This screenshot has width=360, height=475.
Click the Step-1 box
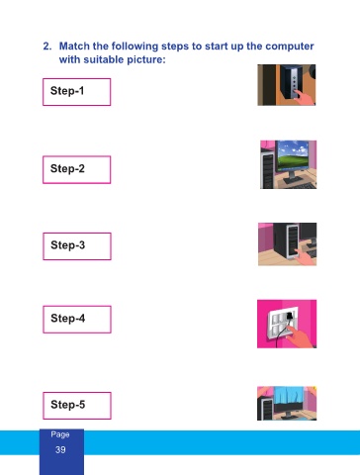pyautogui.click(x=77, y=92)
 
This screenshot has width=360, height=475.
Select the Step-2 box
pyautogui.click(x=77, y=169)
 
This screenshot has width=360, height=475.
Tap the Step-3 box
pyautogui.click(x=77, y=246)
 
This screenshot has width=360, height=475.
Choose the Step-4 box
pyautogui.click(x=77, y=320)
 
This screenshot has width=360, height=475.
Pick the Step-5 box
pyautogui.click(x=77, y=406)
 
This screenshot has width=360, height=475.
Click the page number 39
pyautogui.click(x=60, y=449)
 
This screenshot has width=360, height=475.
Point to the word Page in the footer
pyautogui.click(x=60, y=434)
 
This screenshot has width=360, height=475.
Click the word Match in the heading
pyautogui.click(x=74, y=47)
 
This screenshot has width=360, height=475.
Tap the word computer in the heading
pyautogui.click(x=290, y=47)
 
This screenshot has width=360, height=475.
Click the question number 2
pyautogui.click(x=47, y=47)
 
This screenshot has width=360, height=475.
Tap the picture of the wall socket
pyautogui.click(x=287, y=324)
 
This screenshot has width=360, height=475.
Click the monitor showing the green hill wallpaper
pyautogui.click(x=293, y=156)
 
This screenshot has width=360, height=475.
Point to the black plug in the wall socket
pyautogui.click(x=289, y=316)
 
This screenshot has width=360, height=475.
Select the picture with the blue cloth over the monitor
pyautogui.click(x=287, y=403)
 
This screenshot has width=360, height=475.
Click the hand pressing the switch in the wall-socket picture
pyautogui.click(x=300, y=337)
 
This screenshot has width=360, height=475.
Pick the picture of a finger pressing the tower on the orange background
pyautogui.click(x=287, y=85)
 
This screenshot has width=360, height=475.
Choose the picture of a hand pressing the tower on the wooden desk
pyautogui.click(x=287, y=244)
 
